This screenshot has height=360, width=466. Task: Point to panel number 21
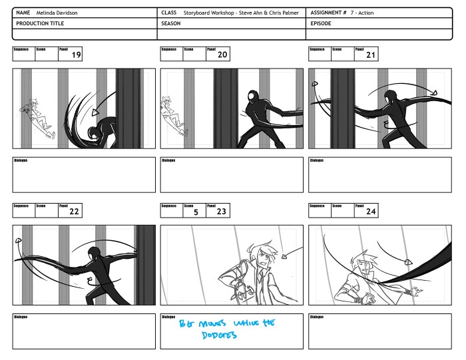(x=371, y=55)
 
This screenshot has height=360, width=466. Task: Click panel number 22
(x=75, y=212)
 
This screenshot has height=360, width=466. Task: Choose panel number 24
(x=371, y=212)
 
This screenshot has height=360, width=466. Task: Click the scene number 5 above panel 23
(x=196, y=212)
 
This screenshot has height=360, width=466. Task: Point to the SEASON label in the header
(x=172, y=23)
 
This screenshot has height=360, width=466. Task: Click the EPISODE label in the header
(x=321, y=23)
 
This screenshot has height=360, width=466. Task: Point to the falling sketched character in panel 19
(x=36, y=116)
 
